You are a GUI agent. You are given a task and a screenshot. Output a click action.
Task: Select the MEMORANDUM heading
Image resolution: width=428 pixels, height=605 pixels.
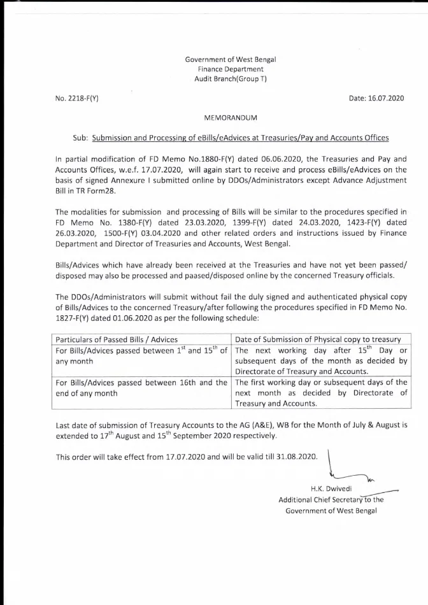pyautogui.click(x=231, y=118)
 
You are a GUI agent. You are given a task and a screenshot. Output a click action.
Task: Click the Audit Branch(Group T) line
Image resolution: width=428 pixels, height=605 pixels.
pyautogui.click(x=231, y=78)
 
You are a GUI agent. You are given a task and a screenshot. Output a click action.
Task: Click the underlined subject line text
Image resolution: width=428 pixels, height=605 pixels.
pyautogui.click(x=240, y=138)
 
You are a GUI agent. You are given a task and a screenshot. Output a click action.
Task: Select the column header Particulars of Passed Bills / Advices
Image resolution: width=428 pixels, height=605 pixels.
pyautogui.click(x=117, y=339)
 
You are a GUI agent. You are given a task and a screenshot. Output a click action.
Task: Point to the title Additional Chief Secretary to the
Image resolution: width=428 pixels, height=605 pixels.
pyautogui.click(x=331, y=500)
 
